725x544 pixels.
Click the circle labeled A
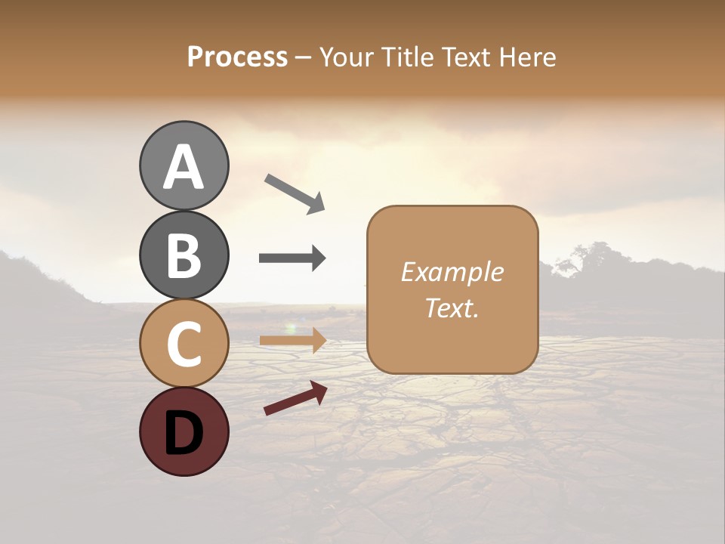[184, 166]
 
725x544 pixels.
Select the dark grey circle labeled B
[184, 255]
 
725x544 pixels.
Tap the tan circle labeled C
[184, 343]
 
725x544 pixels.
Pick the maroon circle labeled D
[184, 431]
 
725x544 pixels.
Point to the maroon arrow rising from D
[295, 397]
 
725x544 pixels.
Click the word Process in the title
[237, 57]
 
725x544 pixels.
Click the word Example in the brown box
[452, 272]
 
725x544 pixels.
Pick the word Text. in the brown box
[452, 308]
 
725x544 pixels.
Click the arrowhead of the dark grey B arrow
[317, 258]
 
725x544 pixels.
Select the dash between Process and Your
[304, 57]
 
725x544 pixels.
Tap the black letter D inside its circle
[184, 433]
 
